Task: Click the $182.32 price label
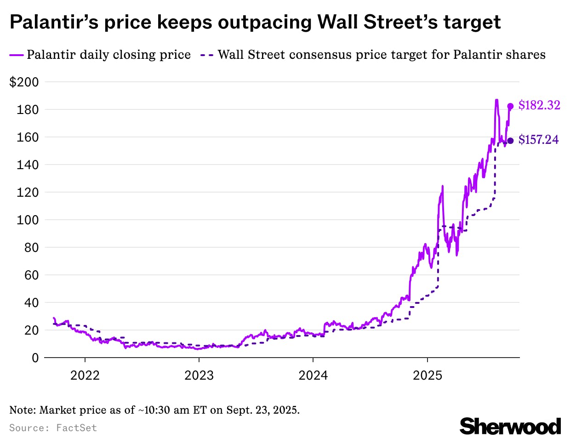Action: coord(539,105)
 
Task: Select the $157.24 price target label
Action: coord(538,140)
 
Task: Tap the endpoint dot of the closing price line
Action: coord(510,106)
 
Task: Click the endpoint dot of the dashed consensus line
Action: coord(510,141)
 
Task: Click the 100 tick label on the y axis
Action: coord(28,220)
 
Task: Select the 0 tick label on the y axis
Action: coord(35,358)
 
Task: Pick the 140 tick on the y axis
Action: coord(28,165)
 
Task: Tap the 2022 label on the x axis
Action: coord(85,376)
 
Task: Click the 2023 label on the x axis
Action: coord(199,376)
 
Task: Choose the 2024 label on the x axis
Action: coord(313,376)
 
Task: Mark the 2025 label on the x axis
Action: coord(427,376)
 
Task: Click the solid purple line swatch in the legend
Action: coord(16,55)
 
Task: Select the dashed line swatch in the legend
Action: coord(207,55)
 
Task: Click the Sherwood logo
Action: coord(510,426)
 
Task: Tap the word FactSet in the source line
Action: coord(76,428)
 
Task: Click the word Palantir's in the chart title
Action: coord(54,22)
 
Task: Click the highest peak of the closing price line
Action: coord(496,100)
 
